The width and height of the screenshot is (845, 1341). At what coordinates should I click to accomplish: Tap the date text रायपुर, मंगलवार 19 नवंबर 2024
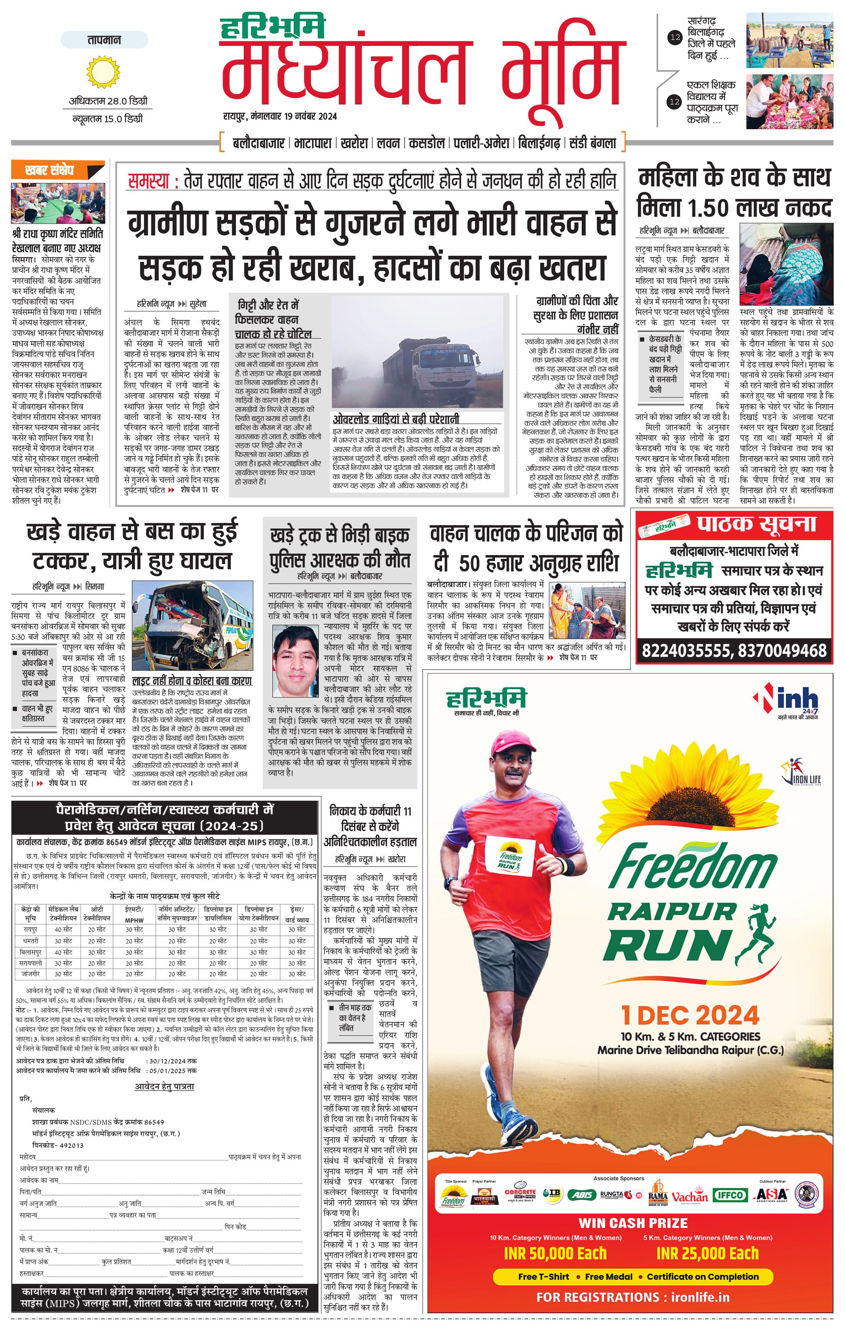click(x=280, y=116)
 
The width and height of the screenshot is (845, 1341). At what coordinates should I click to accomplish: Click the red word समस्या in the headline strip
click(x=149, y=181)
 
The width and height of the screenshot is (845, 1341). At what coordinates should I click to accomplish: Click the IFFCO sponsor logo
click(x=730, y=1195)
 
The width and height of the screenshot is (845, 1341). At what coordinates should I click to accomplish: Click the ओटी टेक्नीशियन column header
click(x=97, y=914)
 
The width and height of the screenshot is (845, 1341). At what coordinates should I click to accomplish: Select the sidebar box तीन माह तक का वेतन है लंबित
click(x=355, y=1017)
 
